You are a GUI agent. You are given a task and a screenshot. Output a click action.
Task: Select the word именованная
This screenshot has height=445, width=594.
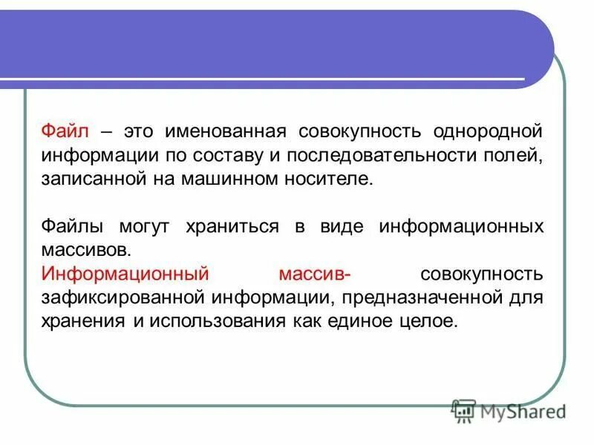click(226, 132)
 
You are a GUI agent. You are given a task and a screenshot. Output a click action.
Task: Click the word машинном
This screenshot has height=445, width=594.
click(227, 179)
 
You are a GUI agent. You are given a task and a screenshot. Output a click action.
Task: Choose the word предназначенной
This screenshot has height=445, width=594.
click(415, 297)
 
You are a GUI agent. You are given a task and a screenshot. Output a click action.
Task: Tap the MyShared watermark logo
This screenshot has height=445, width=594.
click(509, 410)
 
